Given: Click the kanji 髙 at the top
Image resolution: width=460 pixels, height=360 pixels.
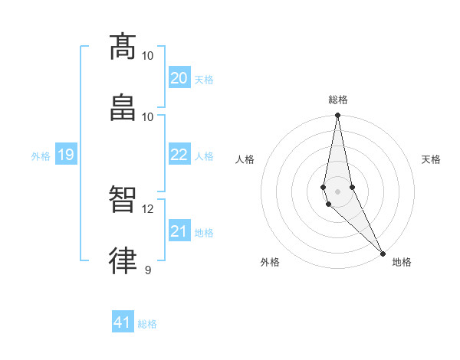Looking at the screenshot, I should point(123,47).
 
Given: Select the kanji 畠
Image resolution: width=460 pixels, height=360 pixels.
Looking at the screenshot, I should point(123,107).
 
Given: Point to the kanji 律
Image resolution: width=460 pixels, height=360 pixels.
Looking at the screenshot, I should point(123,261).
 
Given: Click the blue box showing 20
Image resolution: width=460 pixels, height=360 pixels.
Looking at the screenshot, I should point(179,78).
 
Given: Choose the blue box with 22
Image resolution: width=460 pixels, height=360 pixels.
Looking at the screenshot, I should point(179,155).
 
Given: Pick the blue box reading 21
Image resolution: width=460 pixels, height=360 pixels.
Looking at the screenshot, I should point(179,231).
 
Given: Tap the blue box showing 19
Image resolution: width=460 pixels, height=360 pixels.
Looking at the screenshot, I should point(65,155).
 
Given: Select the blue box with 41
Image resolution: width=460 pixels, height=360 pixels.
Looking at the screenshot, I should point(123,322).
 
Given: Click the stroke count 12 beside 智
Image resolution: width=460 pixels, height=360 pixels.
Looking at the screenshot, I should point(148,209).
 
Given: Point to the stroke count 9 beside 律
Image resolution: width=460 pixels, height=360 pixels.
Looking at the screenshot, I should point(148,270).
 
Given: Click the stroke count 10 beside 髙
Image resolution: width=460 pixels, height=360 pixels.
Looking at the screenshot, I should point(148,56).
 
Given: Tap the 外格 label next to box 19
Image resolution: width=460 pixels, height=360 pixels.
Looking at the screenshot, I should point(41,155).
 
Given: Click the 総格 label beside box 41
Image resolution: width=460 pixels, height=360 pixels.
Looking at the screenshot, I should point(147,324).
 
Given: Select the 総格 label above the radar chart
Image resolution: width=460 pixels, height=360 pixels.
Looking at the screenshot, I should point(338,100).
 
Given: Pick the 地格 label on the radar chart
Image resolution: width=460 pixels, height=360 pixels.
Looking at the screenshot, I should point(402,262).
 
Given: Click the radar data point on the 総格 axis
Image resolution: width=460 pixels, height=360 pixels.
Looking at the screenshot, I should point(338,116).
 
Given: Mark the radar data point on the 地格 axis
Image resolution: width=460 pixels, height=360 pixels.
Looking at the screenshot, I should point(383,252).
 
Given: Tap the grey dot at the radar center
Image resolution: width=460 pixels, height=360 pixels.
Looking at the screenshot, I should point(338,191).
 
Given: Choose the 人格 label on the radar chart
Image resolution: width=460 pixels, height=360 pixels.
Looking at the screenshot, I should point(245,159).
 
